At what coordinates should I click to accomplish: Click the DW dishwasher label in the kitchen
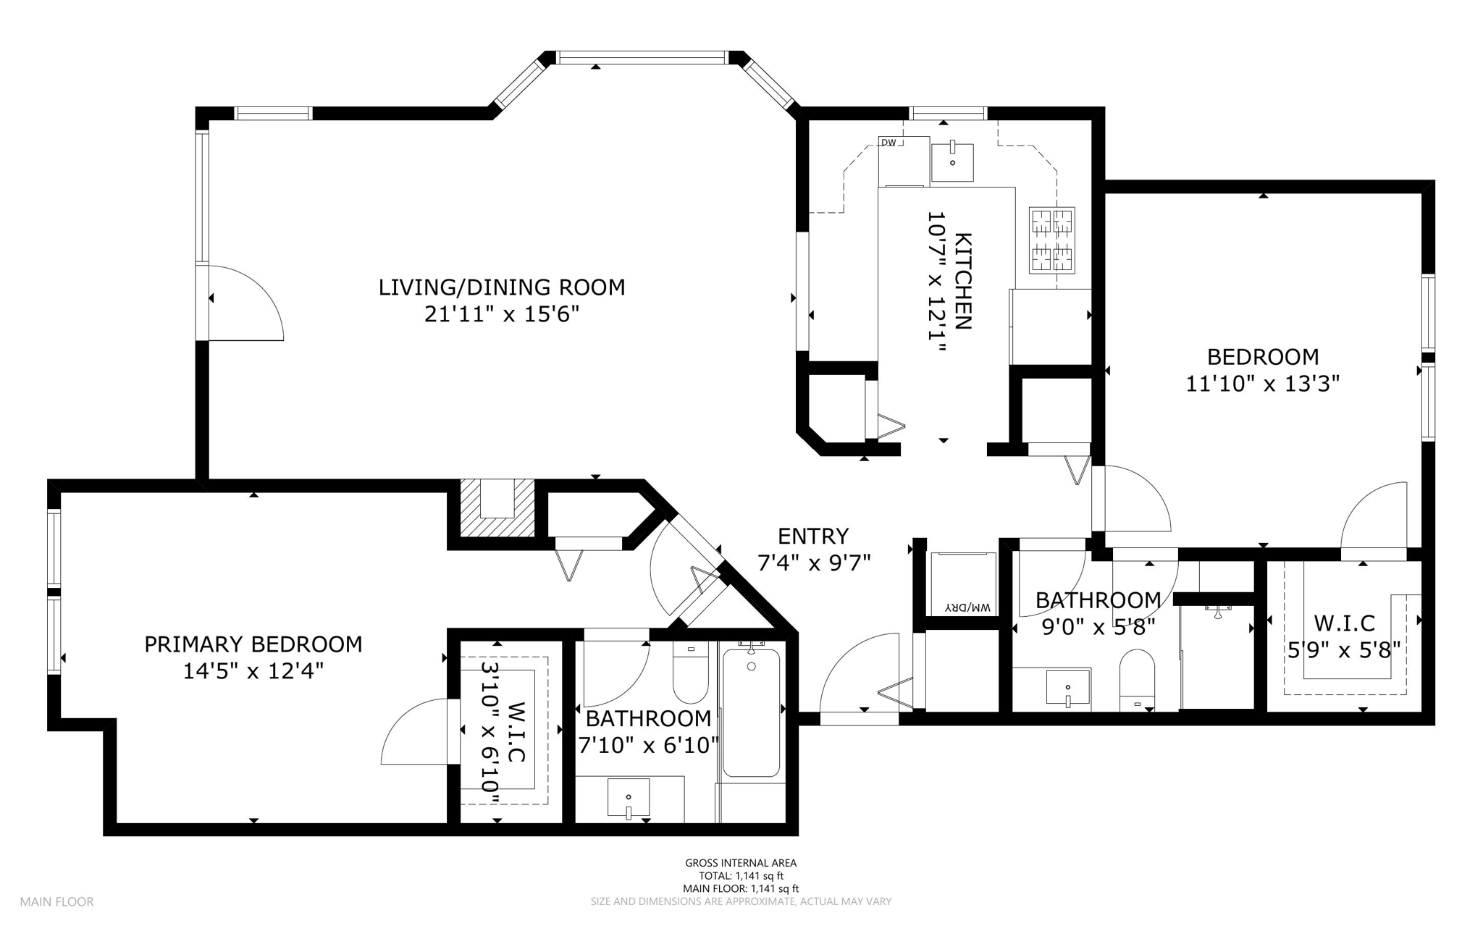[x=888, y=143]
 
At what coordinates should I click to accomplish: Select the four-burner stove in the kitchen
[x=1052, y=240]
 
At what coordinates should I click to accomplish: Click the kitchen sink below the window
[x=952, y=163]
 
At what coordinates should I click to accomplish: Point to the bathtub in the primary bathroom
[x=751, y=712]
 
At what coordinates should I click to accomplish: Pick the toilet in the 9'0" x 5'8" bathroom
[x=1137, y=680]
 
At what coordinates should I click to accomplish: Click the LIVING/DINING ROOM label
[x=502, y=287]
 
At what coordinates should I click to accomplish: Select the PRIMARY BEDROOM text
[x=253, y=644]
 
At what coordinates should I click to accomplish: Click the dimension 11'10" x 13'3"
[x=1263, y=383]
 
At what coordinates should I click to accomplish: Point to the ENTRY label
[x=813, y=536]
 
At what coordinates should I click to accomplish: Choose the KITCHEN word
[x=963, y=281]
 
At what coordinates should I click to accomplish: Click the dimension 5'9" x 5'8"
[x=1344, y=650]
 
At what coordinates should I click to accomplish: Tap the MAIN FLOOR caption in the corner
[x=56, y=902]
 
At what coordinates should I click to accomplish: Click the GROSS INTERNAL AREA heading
[x=741, y=863]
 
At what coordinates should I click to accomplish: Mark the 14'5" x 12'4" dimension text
[x=253, y=672]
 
